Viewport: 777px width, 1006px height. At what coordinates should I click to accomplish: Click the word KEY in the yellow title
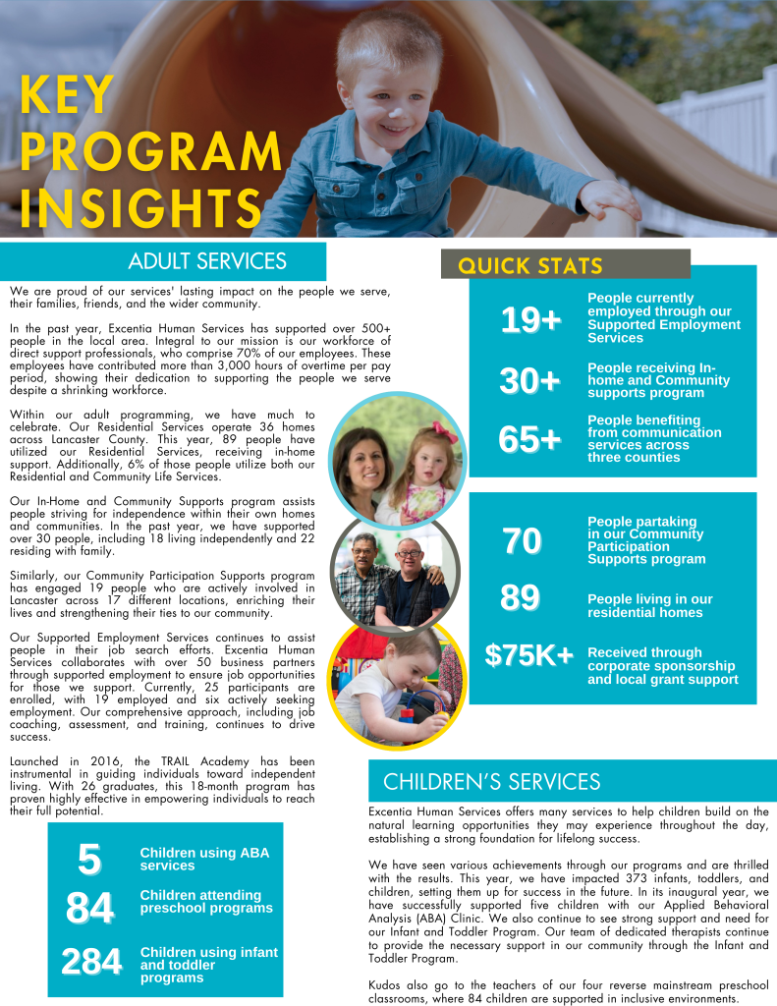point(67,96)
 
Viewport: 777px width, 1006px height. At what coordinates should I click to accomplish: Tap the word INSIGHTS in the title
point(140,206)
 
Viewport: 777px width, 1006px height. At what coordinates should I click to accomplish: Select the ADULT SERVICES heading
point(207,261)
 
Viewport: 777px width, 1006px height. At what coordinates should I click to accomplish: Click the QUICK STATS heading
point(530,265)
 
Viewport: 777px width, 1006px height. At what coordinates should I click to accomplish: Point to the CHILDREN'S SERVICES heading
point(491,782)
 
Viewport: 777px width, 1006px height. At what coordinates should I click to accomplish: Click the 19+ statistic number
point(530,319)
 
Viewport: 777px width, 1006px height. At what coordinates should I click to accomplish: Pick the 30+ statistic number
point(529,380)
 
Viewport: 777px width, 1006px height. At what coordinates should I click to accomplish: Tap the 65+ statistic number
point(529,439)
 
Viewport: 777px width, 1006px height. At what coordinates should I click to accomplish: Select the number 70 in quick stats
point(522,540)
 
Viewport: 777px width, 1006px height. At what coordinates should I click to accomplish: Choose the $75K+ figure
point(529,655)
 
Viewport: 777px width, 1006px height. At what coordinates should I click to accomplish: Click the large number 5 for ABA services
point(89,860)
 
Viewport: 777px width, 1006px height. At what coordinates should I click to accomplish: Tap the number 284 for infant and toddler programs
point(91,962)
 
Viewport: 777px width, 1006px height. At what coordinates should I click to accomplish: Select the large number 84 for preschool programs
point(89,908)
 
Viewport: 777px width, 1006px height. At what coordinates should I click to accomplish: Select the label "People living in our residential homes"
point(649,605)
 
